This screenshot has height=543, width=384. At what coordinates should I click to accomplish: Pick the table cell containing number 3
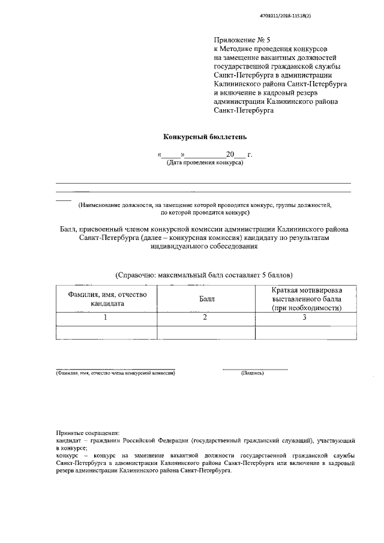pos(307,317)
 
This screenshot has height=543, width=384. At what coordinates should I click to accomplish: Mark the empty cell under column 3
pos(307,332)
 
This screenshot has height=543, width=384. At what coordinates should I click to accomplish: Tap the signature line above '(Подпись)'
pos(255,368)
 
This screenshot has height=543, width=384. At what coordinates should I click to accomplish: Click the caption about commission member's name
pos(115,373)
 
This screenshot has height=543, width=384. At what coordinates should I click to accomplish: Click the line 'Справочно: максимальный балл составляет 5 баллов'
pos(203,275)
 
